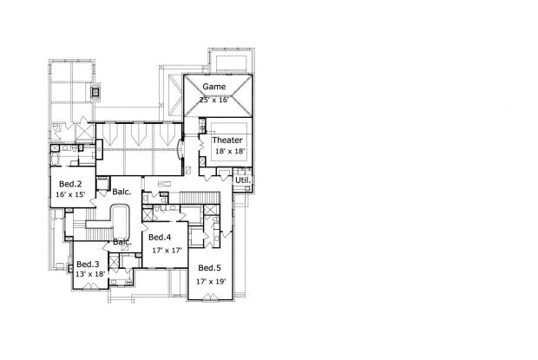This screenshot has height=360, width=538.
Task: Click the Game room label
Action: (x=214, y=87)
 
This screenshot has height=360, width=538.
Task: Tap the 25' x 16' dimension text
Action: (x=214, y=100)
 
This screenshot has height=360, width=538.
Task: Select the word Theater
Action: (x=227, y=140)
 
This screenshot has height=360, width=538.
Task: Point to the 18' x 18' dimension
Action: (x=230, y=151)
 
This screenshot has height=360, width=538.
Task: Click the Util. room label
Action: (x=243, y=180)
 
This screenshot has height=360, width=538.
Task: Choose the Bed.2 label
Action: (x=70, y=184)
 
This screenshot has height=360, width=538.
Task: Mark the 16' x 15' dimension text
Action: (x=70, y=194)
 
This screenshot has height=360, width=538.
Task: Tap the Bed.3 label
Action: (x=88, y=264)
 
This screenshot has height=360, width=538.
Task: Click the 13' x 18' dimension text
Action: (x=90, y=274)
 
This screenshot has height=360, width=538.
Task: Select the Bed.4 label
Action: (x=160, y=237)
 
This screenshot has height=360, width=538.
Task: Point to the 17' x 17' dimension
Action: (x=167, y=251)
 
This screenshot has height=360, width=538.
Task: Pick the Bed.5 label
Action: (x=209, y=268)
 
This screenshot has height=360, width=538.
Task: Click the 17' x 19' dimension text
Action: (x=211, y=282)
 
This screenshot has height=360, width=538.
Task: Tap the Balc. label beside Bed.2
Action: (x=121, y=192)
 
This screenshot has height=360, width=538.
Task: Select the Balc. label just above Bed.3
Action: (x=122, y=242)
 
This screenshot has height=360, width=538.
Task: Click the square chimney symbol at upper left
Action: (x=95, y=92)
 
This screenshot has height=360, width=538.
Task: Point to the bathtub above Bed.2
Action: (x=55, y=159)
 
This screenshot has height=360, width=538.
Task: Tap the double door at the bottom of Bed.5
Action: (x=210, y=298)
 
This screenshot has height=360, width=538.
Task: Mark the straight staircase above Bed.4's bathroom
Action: (x=200, y=198)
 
